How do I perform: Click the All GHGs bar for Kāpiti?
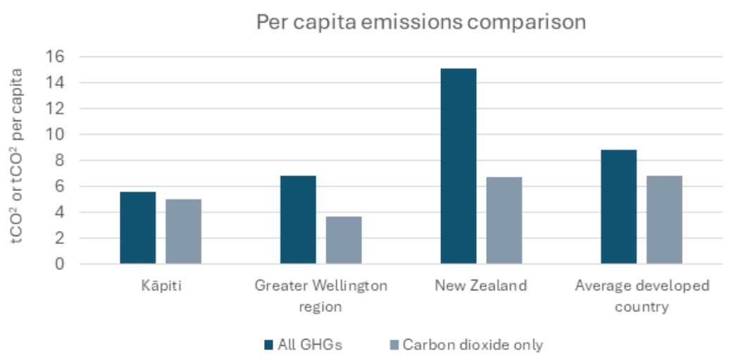tap(137, 228)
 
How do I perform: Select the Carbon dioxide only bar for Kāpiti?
tap(183, 231)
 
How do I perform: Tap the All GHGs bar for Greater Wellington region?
tap(298, 220)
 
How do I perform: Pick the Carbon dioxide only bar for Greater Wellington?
tap(344, 240)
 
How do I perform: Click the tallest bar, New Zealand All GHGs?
tap(459, 166)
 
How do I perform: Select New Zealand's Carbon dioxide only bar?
tap(504, 221)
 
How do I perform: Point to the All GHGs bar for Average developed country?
tap(618, 207)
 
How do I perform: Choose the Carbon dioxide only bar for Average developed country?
tap(664, 220)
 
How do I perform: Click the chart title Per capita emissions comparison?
tap(421, 22)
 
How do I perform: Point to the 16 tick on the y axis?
tap(55, 57)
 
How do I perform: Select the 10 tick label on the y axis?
tap(55, 135)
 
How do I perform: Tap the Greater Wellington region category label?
tap(321, 296)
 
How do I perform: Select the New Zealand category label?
tap(480, 285)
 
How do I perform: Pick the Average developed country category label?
tap(642, 296)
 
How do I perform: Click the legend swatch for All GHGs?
tap(268, 345)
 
